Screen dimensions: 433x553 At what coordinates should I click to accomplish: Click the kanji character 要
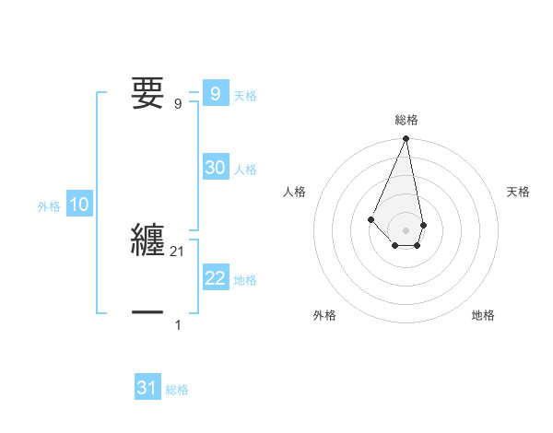[147, 92]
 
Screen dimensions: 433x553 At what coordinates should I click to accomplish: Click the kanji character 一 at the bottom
[147, 314]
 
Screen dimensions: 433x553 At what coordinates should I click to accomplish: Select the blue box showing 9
[215, 94]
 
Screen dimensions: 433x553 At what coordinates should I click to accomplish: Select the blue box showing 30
[215, 168]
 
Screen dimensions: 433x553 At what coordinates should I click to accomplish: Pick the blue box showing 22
[215, 278]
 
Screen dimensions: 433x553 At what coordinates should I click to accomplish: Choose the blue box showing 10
[79, 205]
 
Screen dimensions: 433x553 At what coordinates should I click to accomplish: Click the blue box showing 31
[147, 388]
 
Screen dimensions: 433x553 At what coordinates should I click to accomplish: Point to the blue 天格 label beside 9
[245, 96]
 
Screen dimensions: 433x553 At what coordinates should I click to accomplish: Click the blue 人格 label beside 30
[245, 170]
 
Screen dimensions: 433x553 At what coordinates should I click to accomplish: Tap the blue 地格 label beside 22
[245, 280]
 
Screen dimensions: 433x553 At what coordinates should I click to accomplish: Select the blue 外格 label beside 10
[49, 207]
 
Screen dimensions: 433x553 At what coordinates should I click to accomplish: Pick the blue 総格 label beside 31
[177, 390]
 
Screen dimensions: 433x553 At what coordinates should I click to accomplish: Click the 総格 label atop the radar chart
[406, 120]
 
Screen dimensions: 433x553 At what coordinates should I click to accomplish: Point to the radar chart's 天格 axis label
[518, 192]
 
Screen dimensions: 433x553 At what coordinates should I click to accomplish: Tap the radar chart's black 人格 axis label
[295, 192]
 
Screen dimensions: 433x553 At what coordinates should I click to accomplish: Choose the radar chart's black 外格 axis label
[324, 315]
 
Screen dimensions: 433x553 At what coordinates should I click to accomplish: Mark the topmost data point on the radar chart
[406, 139]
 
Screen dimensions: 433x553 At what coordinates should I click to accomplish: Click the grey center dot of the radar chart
[406, 229]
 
